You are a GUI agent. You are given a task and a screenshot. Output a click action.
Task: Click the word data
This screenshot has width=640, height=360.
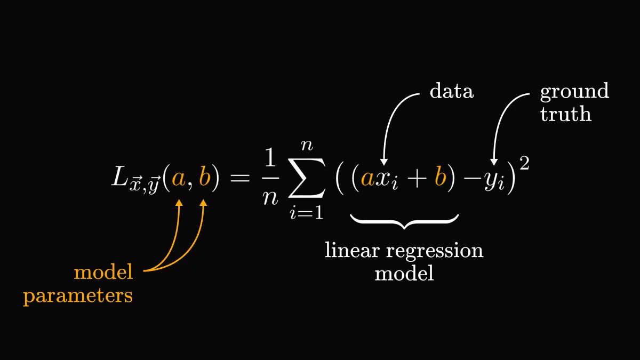click(x=451, y=91)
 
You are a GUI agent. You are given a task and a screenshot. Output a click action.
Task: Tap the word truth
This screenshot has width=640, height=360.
click(x=566, y=114)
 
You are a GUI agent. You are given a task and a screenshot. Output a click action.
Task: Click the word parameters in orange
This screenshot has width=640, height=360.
click(x=78, y=295)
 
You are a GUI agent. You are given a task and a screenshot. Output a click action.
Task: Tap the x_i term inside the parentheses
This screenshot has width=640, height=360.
click(x=387, y=180)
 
